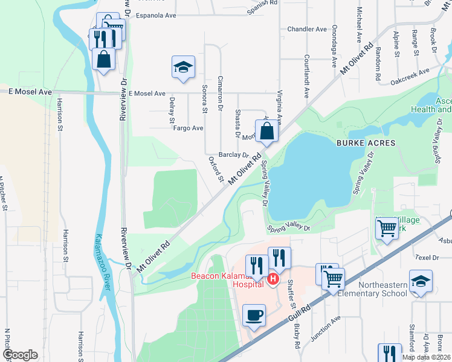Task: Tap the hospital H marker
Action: (273, 279)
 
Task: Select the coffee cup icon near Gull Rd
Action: (253, 314)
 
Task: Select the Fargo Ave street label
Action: (188, 128)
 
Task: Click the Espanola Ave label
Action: (155, 16)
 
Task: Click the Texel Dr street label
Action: (427, 257)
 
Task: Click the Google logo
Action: (20, 355)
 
